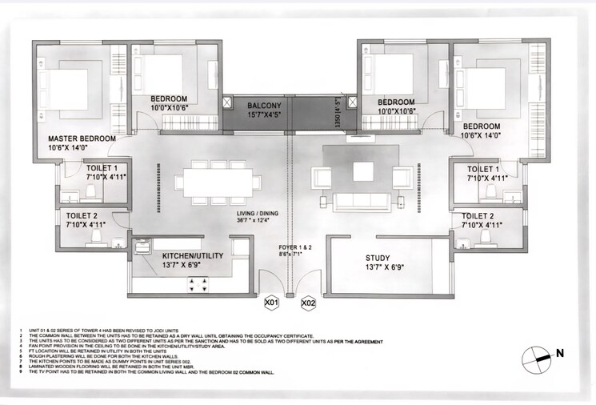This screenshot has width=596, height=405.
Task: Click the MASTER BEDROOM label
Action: pyautogui.click(x=82, y=138)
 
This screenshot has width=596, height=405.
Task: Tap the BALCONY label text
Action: pyautogui.click(x=263, y=106)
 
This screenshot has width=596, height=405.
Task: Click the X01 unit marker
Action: pyautogui.click(x=271, y=303)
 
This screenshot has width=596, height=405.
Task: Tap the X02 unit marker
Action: pyautogui.click(x=308, y=303)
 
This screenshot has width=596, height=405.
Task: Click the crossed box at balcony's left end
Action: pyautogui.click(x=228, y=102)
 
